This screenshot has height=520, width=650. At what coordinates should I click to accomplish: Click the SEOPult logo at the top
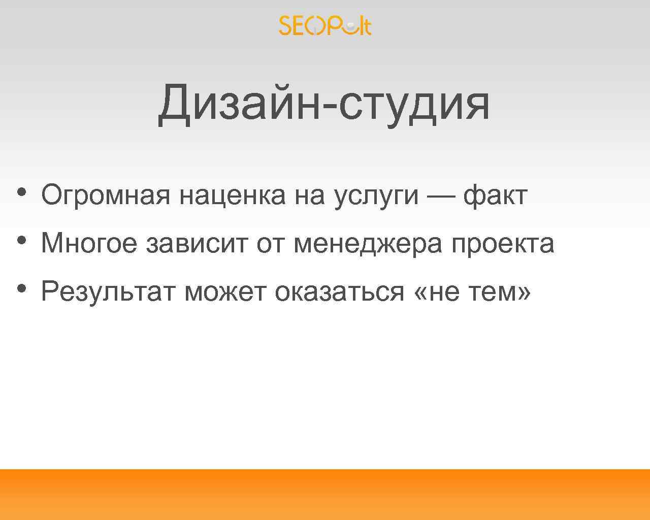[325, 25]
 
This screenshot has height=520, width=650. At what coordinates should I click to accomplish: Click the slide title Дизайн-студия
[324, 104]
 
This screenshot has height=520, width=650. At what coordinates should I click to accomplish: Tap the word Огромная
[106, 196]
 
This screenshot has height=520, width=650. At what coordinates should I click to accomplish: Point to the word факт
[495, 196]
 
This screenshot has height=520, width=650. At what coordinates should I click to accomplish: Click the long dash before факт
[441, 196]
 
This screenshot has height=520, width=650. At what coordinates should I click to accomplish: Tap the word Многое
[89, 243]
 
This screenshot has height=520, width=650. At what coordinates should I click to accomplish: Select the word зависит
[197, 243]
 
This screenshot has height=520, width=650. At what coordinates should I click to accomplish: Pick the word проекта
[503, 244]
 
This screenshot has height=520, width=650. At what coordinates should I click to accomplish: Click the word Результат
[108, 292]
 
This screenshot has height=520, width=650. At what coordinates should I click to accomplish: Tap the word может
[225, 292]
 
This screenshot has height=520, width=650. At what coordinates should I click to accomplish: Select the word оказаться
[339, 292]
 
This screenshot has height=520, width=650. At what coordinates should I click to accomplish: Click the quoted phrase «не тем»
[473, 292]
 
